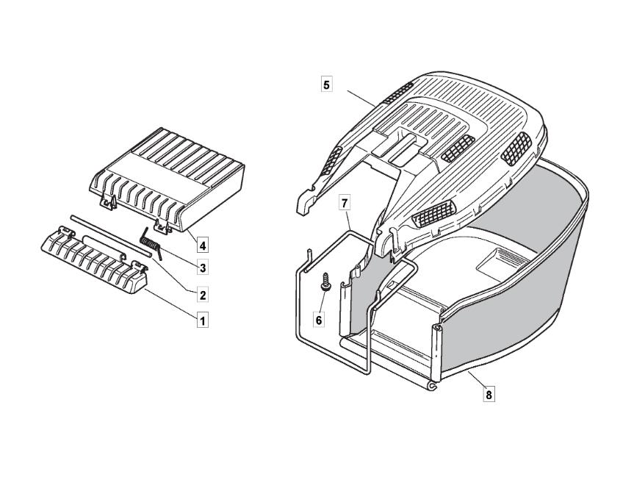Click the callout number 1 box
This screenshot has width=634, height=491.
(203, 321)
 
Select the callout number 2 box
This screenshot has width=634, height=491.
(203, 295)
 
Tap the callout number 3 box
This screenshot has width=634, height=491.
(203, 268)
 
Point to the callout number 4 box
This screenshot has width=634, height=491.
(203, 246)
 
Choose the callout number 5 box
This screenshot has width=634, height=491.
(326, 85)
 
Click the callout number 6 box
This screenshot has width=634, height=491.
(319, 320)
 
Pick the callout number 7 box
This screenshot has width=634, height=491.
(344, 203)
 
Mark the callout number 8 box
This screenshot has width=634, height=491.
(489, 394)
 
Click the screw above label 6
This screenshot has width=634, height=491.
(324, 282)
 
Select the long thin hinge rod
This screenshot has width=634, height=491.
(111, 235)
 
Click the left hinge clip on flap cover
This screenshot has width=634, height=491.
(108, 202)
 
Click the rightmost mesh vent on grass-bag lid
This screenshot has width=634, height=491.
(516, 148)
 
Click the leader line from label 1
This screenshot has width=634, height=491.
(170, 303)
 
